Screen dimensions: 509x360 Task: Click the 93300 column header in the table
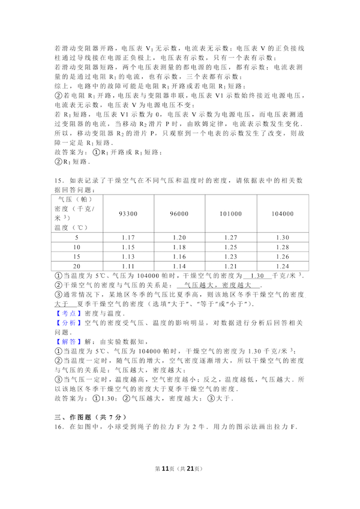[x=128, y=213]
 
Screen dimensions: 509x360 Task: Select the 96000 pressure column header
[x=179, y=213]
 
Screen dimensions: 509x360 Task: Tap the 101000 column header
[x=230, y=213]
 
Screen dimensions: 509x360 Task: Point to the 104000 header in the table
[x=282, y=213]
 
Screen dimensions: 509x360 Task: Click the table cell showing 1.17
[x=128, y=238]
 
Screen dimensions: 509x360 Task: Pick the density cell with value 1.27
[x=230, y=238]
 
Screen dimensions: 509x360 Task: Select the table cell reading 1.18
[x=179, y=247]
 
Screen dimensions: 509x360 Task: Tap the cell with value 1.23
[x=230, y=257]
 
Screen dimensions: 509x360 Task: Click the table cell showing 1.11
[x=128, y=267]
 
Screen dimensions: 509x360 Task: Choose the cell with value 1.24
[x=282, y=267]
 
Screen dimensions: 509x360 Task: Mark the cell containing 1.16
[x=179, y=257]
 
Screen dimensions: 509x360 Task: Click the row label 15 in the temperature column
[x=76, y=257]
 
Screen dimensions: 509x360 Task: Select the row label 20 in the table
[x=76, y=267]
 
